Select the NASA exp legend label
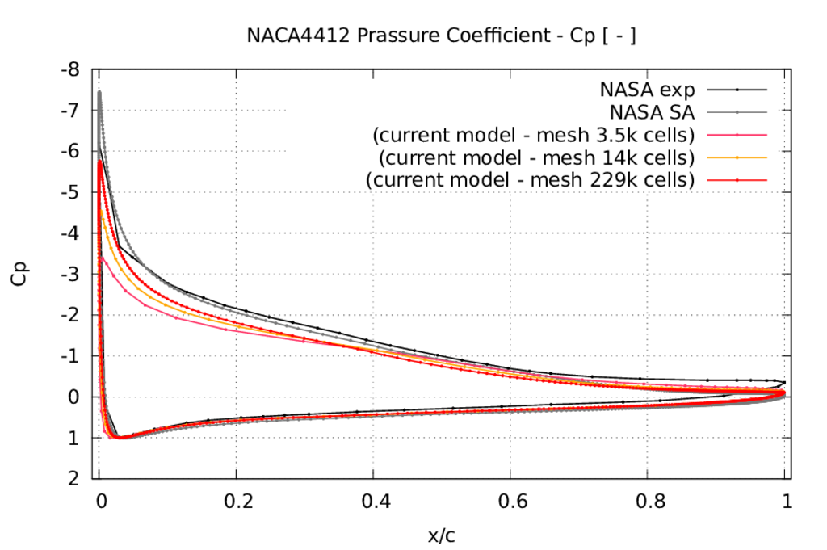pos(647,89)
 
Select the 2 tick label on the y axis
pos(74,479)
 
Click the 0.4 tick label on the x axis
pos(373,501)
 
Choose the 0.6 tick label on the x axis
pos(510,501)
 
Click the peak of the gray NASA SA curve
pos(99,92)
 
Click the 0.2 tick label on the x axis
pos(236,501)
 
